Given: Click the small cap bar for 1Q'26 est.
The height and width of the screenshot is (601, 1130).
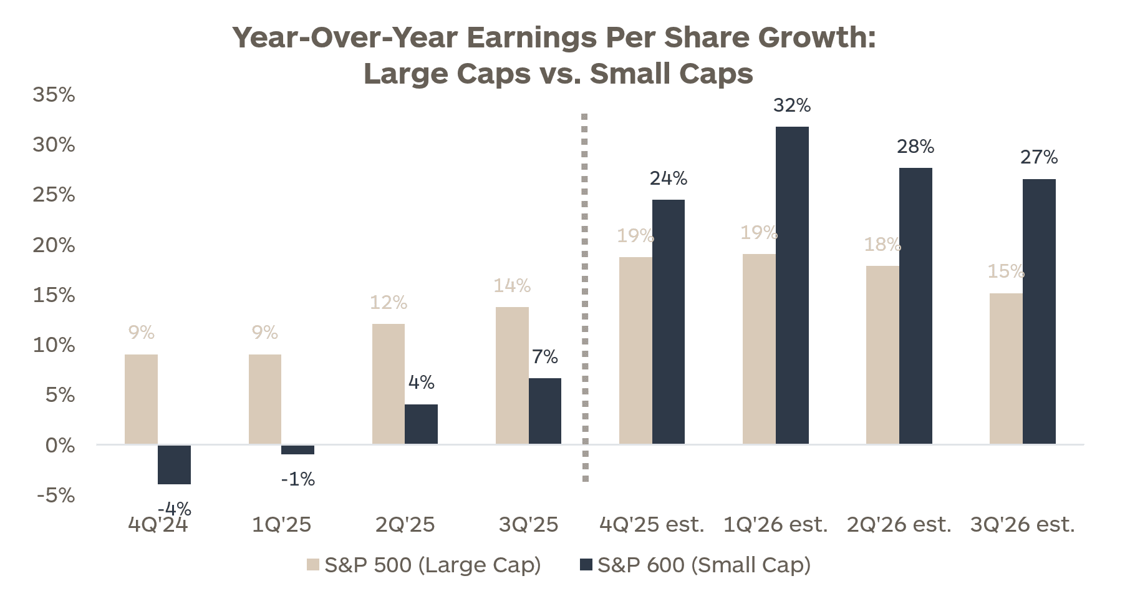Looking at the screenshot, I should coord(792,285).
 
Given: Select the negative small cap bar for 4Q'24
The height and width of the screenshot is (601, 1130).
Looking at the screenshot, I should coord(174,464).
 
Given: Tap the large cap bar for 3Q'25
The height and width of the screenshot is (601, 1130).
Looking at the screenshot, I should coord(512,375).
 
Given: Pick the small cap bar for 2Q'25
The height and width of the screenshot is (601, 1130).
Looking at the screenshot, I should coord(421,424).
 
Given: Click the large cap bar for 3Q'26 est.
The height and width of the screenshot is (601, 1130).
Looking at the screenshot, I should coord(1006,368).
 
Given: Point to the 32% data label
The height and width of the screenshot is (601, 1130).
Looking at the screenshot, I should coord(792,105).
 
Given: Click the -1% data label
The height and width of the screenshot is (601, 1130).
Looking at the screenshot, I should coord(298,479).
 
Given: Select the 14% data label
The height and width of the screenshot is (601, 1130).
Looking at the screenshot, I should coord(512,286).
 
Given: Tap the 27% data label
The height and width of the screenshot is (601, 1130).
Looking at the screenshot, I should coord(1039,157).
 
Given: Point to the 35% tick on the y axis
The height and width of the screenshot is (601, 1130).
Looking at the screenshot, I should coord(54,95).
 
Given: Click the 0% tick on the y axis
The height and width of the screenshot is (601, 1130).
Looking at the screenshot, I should coord(60,446).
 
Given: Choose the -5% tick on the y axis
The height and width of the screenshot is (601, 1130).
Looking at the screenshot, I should coord(56,496).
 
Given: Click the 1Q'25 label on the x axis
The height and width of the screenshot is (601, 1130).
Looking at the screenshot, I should coord(281,525).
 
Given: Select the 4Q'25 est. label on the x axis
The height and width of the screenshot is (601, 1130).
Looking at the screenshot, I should coord(652,525).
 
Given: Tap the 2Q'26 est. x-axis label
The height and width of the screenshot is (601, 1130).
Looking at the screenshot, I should coord(899,525).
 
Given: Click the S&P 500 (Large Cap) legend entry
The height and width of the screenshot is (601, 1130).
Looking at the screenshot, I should coord(424,565).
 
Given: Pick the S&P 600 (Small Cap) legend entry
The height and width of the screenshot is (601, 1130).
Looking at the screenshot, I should coord(695,565).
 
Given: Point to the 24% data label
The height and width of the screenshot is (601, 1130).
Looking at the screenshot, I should coord(669,178).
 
